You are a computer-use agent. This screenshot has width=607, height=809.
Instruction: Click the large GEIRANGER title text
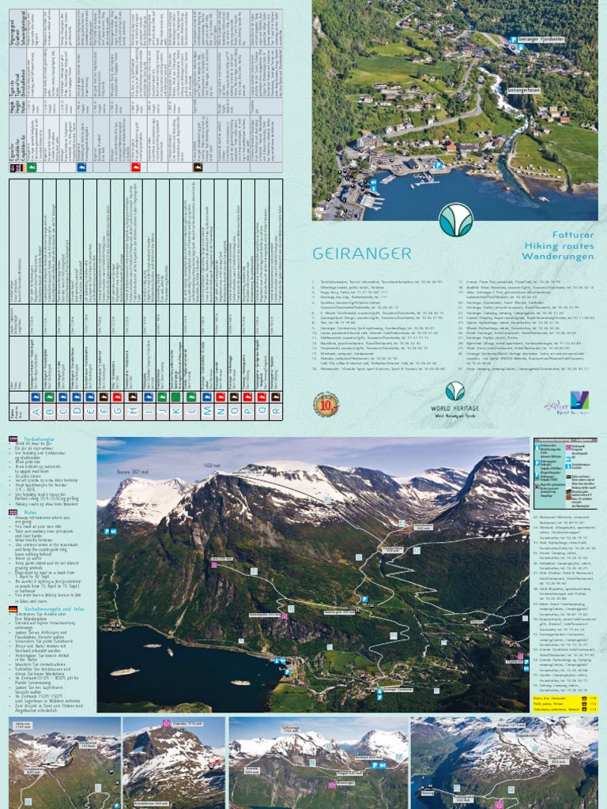point(362,254)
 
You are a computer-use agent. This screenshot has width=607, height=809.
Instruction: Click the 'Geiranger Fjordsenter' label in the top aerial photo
point(545,38)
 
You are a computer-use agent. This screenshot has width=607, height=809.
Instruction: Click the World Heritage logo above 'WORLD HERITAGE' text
point(454,391)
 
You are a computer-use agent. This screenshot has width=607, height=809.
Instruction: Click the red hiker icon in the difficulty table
point(136,167)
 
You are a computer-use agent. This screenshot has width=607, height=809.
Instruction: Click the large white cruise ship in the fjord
point(123,672)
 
